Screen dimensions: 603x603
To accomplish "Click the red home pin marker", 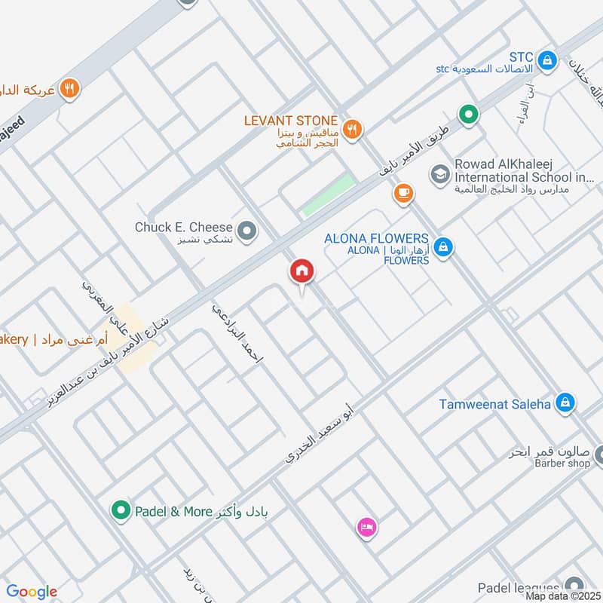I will point(301,271).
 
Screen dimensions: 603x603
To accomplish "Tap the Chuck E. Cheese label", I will point(184,227).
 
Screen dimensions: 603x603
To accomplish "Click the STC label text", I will point(521,57).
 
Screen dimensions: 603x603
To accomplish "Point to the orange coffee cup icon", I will point(404,194).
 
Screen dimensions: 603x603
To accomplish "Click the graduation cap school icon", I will point(438,175).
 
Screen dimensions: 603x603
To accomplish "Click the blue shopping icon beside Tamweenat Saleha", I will point(564,403).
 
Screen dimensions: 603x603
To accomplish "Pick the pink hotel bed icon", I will point(367,525).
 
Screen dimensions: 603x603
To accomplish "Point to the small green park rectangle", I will point(329,194).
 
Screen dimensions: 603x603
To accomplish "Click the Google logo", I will point(32,592).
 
